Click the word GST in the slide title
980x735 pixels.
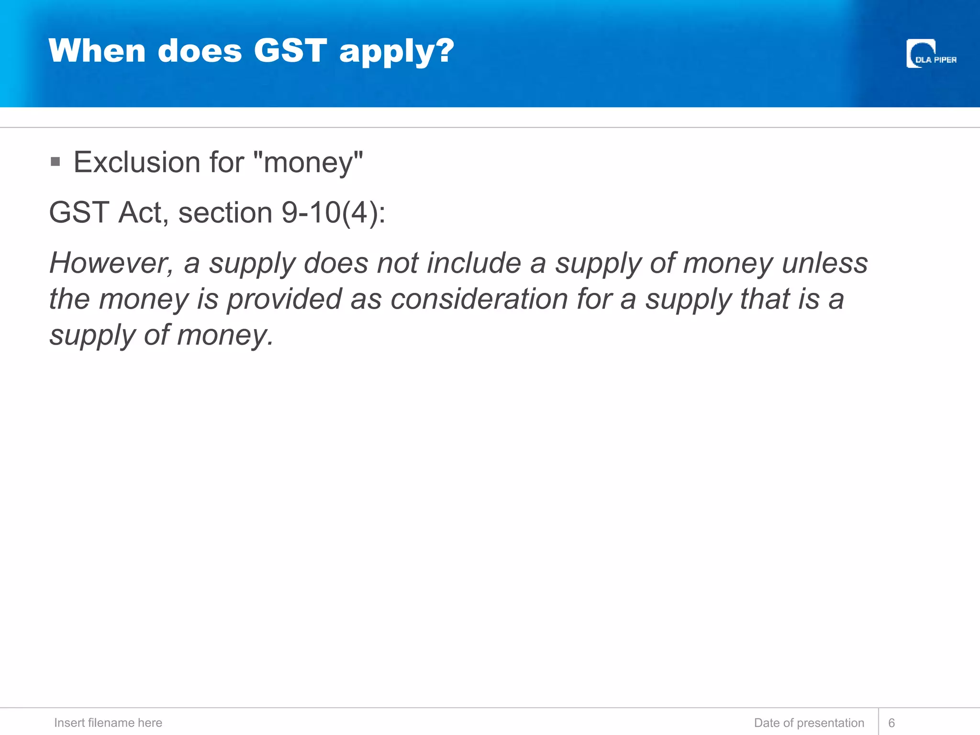290,50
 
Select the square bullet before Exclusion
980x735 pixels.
55,162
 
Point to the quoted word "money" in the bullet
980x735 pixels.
308,162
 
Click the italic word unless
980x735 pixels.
824,263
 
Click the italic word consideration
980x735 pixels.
479,299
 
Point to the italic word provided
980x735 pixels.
284,299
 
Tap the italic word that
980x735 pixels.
765,299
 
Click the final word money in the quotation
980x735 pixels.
225,335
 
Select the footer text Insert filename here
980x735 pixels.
108,723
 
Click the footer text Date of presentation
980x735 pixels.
809,723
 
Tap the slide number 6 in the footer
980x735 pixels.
891,723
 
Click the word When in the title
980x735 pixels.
97,50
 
